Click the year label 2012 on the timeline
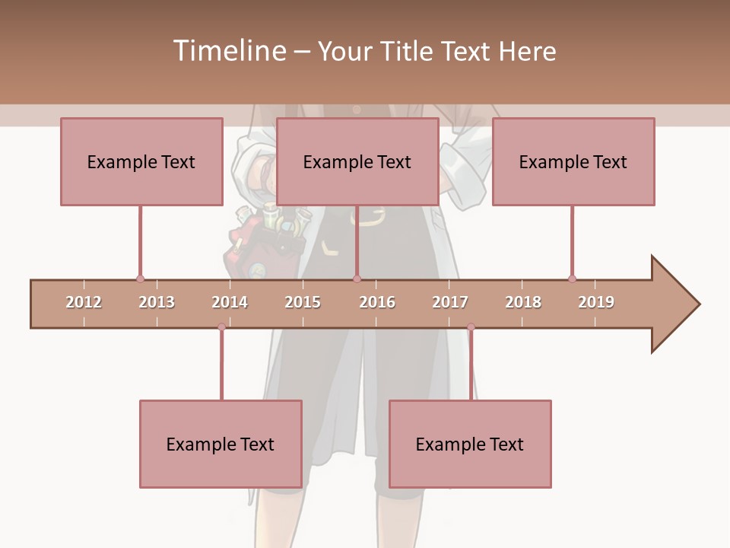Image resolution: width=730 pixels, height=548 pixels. (84, 302)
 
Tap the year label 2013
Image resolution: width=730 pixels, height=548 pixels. (157, 302)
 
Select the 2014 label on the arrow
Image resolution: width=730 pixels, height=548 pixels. (230, 302)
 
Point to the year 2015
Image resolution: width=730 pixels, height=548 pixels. (303, 302)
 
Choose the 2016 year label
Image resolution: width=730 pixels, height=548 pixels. (377, 302)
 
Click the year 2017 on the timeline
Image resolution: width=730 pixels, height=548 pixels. (450, 302)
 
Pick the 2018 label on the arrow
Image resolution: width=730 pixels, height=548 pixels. (523, 302)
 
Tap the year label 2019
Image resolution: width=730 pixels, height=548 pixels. (596, 302)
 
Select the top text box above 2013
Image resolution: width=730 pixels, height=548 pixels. (141, 161)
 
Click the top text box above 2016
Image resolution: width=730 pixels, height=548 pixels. (357, 161)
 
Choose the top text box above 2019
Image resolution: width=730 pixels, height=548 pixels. (573, 161)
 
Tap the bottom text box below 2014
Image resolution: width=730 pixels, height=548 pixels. (221, 444)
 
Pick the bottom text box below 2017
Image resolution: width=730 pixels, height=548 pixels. (470, 444)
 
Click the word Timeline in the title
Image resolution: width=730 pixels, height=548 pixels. (229, 51)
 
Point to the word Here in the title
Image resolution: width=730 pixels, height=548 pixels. (527, 51)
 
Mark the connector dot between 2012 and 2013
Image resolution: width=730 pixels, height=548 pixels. (140, 279)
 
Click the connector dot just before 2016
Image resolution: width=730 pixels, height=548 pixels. (357, 279)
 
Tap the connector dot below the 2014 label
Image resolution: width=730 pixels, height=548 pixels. (221, 327)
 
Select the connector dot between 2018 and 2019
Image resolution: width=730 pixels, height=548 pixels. (572, 279)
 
